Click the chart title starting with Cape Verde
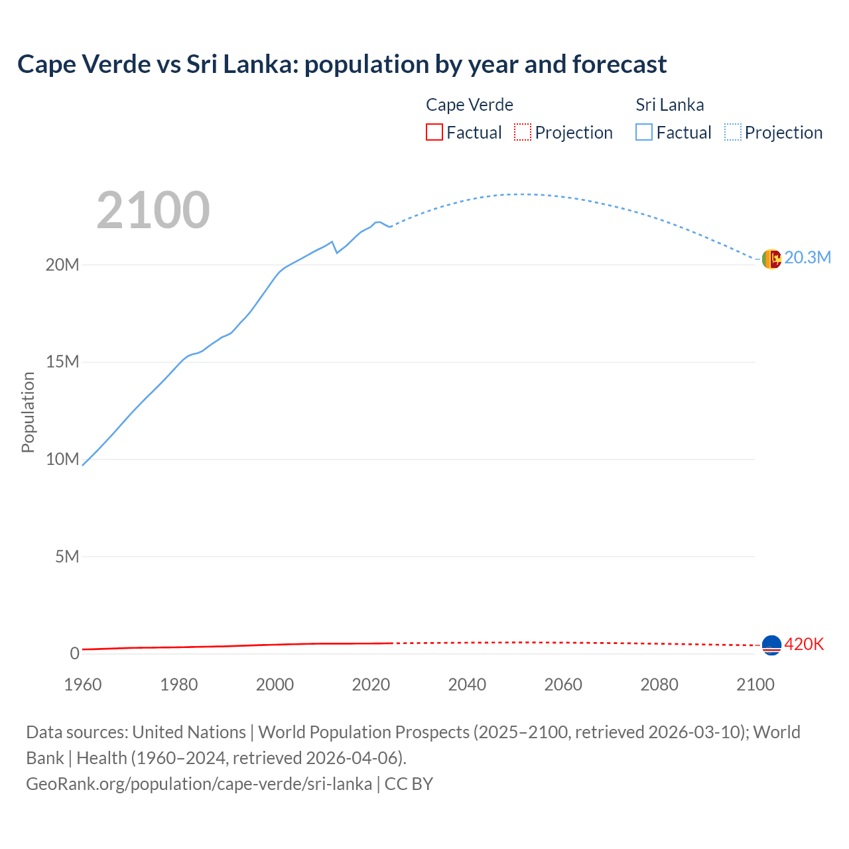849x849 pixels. click(x=342, y=64)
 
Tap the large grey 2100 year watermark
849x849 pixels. click(x=153, y=210)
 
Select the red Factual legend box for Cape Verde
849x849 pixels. click(x=434, y=133)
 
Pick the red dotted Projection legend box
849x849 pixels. click(x=523, y=133)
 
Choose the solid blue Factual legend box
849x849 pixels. click(x=644, y=133)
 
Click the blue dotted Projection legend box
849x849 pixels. click(x=733, y=133)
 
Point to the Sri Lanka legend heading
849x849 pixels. click(x=669, y=105)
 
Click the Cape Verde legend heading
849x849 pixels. click(x=469, y=105)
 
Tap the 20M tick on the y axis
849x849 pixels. click(x=62, y=265)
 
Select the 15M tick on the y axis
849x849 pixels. click(x=62, y=362)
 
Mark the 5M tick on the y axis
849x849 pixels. click(x=67, y=556)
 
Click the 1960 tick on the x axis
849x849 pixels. click(x=83, y=685)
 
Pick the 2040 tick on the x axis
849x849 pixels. click(x=467, y=685)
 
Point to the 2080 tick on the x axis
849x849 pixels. click(x=659, y=685)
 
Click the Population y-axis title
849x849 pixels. click(x=28, y=412)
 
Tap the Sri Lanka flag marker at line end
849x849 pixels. click(x=771, y=259)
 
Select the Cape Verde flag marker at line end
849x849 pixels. click(x=771, y=645)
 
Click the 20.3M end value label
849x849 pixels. click(x=807, y=258)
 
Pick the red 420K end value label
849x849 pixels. click(x=804, y=645)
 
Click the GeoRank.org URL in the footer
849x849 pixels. click(x=199, y=784)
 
